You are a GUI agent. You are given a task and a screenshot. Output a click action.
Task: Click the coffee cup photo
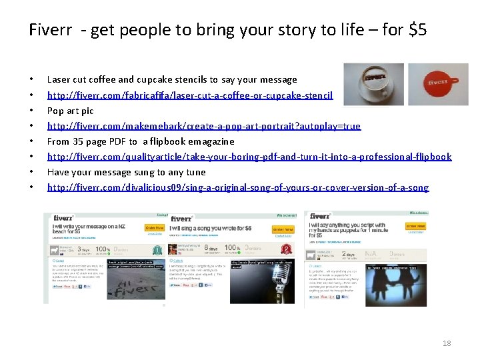373,84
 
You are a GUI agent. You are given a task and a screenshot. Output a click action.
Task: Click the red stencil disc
438,84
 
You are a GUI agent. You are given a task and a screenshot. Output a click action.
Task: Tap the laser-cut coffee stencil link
190,95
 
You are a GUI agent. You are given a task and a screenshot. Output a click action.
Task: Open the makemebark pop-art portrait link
203,126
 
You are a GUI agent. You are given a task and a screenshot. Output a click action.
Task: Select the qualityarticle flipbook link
249,157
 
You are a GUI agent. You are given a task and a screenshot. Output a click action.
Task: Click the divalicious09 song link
238,187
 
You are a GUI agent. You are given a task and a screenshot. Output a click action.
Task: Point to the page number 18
447,343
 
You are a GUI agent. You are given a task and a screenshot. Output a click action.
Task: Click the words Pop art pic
70,111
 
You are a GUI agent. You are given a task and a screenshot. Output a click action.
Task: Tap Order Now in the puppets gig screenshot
415,227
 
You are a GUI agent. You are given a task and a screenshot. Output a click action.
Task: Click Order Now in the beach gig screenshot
154,228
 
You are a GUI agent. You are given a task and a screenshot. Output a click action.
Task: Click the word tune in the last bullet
196,172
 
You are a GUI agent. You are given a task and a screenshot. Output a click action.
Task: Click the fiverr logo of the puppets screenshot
321,216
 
